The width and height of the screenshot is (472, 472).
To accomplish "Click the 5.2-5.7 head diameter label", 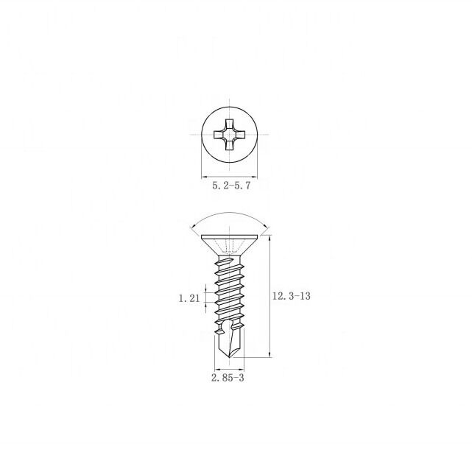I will [231, 186].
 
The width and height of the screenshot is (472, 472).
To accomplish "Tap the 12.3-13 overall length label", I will [290, 296].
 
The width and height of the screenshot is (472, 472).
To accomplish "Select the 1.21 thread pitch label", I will [189, 298].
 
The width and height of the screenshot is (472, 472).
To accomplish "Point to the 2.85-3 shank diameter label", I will [227, 378].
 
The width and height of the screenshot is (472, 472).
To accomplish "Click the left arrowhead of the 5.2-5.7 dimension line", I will [204, 176].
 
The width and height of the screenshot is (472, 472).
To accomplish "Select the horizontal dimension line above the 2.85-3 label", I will [228, 367].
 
